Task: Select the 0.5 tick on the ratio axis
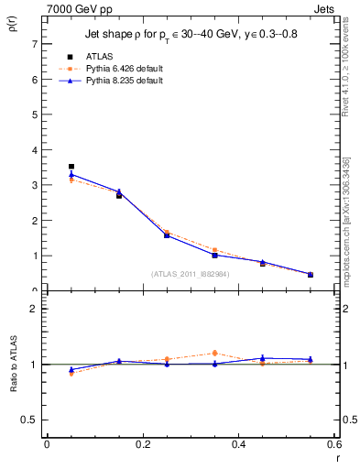pyautogui.click(x=31, y=420)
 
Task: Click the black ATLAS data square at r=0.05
pyautogui.click(x=71, y=167)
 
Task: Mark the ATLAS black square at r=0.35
pyautogui.click(x=214, y=255)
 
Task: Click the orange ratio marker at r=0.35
pyautogui.click(x=214, y=353)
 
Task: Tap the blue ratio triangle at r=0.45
pyautogui.click(x=262, y=358)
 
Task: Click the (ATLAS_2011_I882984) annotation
pyautogui.click(x=190, y=273)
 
